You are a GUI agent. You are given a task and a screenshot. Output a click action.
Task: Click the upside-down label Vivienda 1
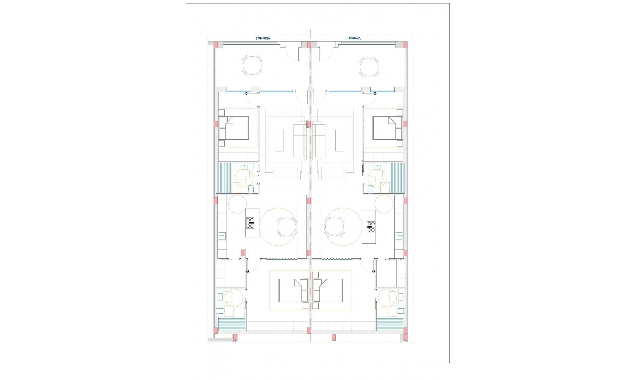click(x=354, y=39)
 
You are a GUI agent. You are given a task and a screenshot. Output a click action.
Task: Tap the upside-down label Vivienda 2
click(x=263, y=39)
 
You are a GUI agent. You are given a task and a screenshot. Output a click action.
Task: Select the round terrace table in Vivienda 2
click(x=252, y=66)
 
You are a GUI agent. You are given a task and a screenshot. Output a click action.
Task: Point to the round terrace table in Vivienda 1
click(x=369, y=67)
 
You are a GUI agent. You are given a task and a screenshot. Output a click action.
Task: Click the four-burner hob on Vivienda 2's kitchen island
click(x=250, y=223)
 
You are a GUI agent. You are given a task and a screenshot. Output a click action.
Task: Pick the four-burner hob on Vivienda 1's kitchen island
click(x=371, y=227)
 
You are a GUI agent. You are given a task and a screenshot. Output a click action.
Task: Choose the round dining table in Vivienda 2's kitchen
click(x=287, y=227)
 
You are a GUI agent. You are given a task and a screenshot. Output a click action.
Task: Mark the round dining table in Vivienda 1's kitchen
click(x=334, y=227)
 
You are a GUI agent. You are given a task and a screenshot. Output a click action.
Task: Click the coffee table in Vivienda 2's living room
click(x=279, y=140)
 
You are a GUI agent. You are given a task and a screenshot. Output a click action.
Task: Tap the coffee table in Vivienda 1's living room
click(x=339, y=140)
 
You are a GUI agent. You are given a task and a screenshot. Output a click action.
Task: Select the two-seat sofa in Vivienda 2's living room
click(x=287, y=174)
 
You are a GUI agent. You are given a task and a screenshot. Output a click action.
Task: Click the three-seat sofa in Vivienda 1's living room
click(x=319, y=140)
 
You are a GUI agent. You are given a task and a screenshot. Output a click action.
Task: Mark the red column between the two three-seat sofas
click(x=309, y=124)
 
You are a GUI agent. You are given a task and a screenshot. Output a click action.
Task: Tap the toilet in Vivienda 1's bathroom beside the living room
click(x=370, y=189)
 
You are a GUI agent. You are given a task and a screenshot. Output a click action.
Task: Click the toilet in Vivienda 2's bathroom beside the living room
click(x=251, y=189)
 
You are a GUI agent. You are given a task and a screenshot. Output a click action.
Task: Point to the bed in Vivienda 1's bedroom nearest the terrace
click(x=387, y=128)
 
